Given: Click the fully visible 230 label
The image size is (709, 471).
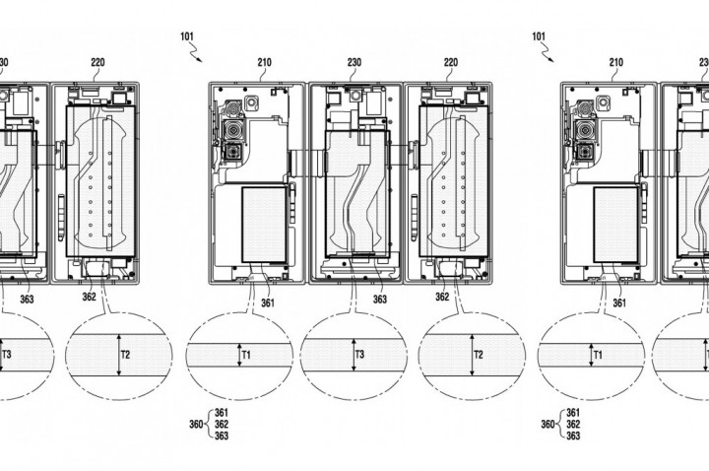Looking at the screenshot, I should click(354, 61).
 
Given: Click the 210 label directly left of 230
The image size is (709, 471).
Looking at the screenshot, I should click(264, 61).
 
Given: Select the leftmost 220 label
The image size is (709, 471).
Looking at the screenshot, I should click(97, 61).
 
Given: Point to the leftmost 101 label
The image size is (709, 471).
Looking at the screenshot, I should click(188, 35).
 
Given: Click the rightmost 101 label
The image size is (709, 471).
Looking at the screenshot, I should click(539, 35).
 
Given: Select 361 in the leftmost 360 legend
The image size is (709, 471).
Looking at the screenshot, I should click(222, 412).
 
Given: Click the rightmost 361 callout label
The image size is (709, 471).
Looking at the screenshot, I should click(618, 303).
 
